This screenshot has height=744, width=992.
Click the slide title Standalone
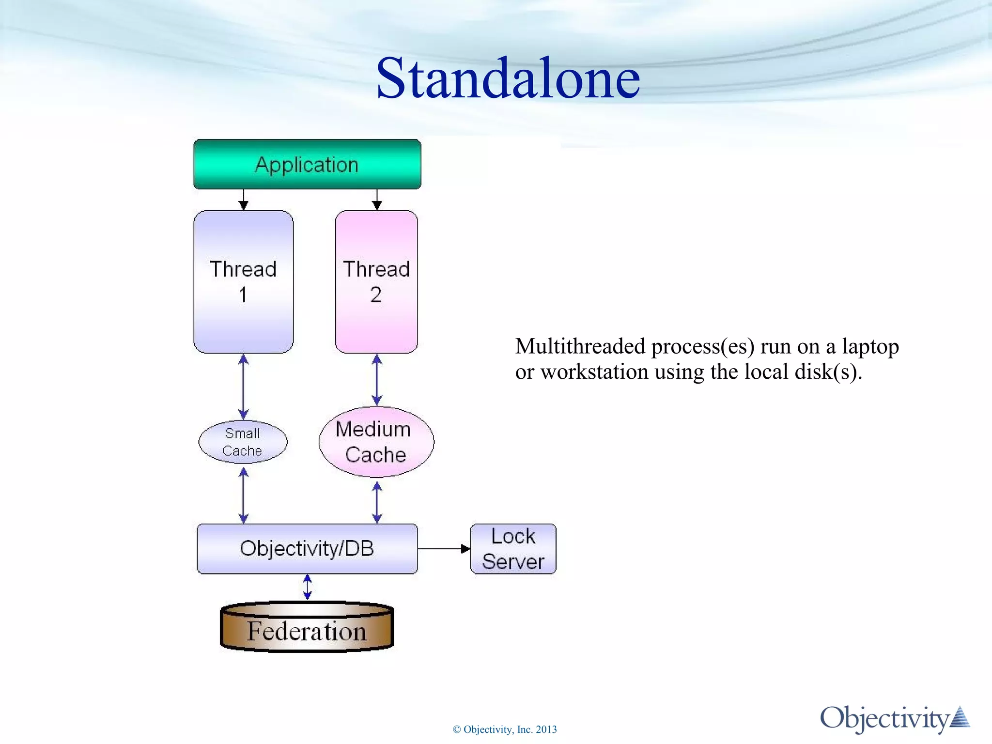pos(508,78)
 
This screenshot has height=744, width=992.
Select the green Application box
pos(307,164)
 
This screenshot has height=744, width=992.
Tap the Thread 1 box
pos(243,281)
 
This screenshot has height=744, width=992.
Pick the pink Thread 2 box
pos(376,281)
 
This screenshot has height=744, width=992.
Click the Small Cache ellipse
pos(243,442)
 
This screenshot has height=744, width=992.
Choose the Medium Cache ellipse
pos(376,442)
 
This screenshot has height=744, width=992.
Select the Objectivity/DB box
pos(307,548)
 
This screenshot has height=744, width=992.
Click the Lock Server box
pos(513,549)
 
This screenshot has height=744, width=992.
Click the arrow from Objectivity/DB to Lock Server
pos(443,549)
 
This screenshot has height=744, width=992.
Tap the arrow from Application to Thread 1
pos(244,200)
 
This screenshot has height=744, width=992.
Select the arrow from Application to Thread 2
pos(377,200)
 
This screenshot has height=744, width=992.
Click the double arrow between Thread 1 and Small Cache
pos(244,387)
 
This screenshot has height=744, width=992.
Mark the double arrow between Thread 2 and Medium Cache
pos(377,380)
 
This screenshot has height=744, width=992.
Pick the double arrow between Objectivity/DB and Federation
pos(307,587)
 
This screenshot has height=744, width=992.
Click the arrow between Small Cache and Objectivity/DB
pos(244,495)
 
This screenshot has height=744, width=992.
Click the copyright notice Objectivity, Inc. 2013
pos(505,729)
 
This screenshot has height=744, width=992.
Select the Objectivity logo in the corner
pos(894,718)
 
